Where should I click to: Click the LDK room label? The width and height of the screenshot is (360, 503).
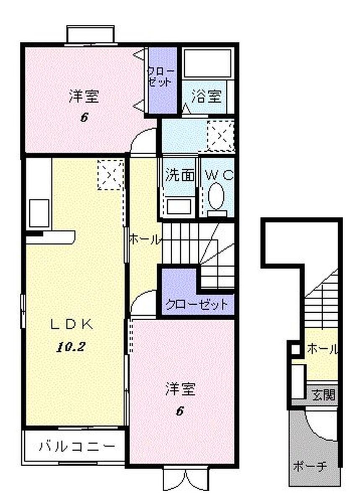tap(72, 325)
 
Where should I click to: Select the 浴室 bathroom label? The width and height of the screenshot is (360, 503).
tap(206, 96)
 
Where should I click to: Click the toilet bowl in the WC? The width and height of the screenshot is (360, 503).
tap(216, 196)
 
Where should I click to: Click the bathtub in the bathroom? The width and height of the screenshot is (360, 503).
tap(207, 63)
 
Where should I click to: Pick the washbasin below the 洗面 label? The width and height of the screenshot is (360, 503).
tap(179, 206)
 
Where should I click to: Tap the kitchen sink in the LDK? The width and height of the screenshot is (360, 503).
tap(39, 213)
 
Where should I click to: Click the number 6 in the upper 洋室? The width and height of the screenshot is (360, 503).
tap(84, 118)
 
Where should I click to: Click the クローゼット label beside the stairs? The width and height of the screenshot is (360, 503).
tap(197, 304)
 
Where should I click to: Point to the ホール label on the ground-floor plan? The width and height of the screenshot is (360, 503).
tap(322, 350)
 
